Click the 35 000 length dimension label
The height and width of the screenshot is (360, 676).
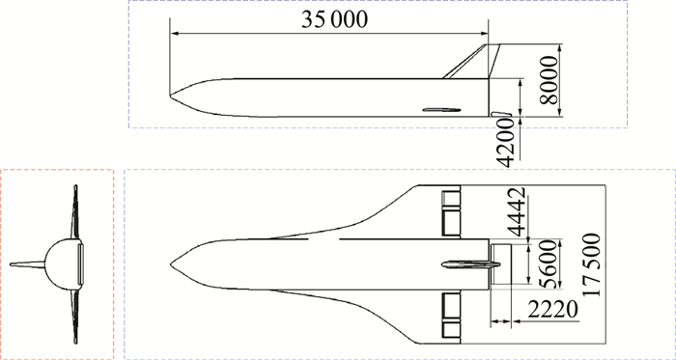click(334, 19)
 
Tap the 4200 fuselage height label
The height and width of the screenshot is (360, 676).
click(505, 143)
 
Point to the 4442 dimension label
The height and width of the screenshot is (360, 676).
click(516, 212)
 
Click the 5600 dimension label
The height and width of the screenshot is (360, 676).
click(549, 264)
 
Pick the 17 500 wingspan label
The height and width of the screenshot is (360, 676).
click(591, 264)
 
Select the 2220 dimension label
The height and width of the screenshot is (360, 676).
click(552, 310)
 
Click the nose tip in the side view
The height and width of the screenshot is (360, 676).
click(170, 95)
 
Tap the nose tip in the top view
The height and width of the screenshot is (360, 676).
click(170, 263)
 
